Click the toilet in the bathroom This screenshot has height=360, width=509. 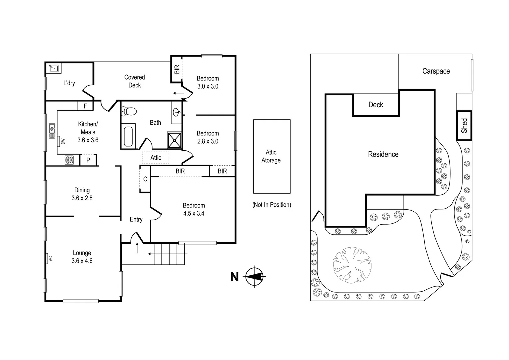129,111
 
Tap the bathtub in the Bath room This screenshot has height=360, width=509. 128,136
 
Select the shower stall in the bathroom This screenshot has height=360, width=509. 174,140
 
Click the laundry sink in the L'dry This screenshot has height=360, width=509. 53,68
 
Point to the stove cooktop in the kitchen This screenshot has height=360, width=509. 69,160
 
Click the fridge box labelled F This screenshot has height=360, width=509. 85,106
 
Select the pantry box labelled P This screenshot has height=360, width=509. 88,160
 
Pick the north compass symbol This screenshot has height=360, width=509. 254,276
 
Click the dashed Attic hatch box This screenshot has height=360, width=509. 156,158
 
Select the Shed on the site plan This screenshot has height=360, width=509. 464,126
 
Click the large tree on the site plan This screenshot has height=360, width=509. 352,265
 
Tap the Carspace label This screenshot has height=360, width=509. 436,71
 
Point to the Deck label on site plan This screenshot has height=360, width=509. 376,105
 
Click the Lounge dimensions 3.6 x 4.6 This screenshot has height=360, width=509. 82,261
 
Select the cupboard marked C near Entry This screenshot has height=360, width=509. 145,179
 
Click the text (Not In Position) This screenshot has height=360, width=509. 271,205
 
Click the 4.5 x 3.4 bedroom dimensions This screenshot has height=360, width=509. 194,213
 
